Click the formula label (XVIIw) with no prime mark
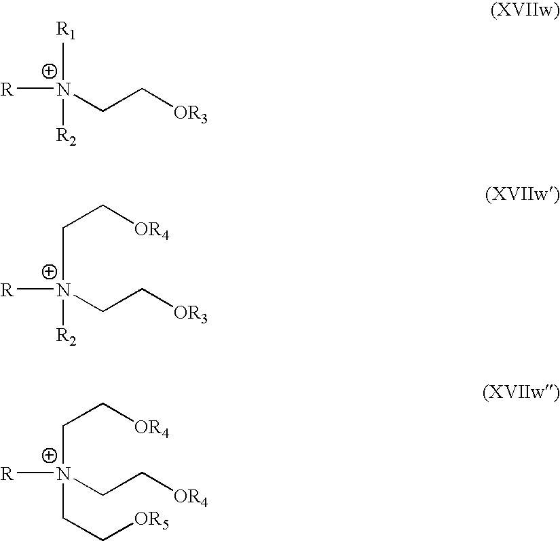524,12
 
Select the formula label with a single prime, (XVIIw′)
521,195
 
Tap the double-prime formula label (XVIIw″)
520,393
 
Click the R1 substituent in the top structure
66,32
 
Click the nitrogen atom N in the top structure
64,89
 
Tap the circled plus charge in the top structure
49,71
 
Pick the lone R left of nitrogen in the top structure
7,89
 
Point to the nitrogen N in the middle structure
64,291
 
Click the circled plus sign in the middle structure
49,273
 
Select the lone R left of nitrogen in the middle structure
7,292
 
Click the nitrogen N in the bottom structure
64,474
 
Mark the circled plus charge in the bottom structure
49,456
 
